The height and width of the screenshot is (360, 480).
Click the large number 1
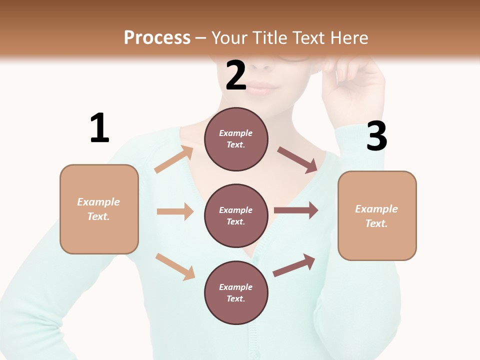(99, 128)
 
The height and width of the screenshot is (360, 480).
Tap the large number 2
(236, 75)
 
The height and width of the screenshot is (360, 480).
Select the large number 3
(376, 136)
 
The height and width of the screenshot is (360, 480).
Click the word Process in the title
(157, 37)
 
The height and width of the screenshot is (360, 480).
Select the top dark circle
(236, 139)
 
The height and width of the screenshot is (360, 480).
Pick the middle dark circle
(236, 215)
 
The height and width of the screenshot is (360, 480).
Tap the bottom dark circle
(236, 292)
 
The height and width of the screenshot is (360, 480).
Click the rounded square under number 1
(99, 209)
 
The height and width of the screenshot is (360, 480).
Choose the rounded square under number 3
(377, 215)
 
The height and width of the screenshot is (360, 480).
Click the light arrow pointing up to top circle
(174, 159)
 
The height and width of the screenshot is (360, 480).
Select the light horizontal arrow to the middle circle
(175, 211)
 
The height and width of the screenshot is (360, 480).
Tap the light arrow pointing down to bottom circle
(175, 266)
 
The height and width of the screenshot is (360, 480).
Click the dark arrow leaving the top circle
(297, 160)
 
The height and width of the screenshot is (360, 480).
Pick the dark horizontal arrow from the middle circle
(295, 210)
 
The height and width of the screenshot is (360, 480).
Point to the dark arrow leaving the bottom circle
(294, 265)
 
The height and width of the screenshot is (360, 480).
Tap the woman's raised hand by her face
(356, 85)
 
